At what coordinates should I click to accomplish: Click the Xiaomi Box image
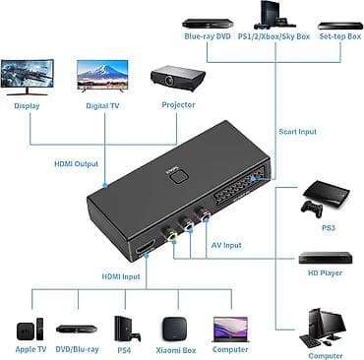[175, 325]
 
